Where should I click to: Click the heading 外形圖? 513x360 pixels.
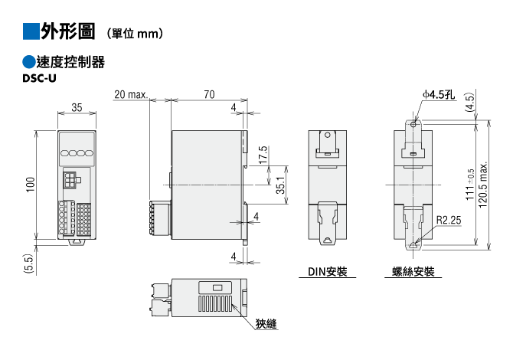[68, 31]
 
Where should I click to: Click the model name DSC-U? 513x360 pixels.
[39, 79]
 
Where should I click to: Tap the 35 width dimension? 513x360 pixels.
[77, 107]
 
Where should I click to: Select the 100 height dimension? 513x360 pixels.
[31, 185]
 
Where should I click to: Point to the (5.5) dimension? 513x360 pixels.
[29, 263]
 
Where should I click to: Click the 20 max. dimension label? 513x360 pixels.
[131, 94]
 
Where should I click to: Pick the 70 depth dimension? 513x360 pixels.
[209, 94]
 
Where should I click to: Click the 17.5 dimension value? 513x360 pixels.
[263, 155]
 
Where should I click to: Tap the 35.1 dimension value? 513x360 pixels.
[280, 185]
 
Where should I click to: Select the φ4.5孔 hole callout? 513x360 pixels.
[439, 94]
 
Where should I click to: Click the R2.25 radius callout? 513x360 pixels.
[449, 220]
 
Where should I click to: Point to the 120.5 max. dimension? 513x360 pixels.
[483, 185]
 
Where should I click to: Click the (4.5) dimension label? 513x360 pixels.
[469, 102]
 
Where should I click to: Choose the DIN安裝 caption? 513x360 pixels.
[327, 271]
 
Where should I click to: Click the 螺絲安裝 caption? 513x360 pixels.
[413, 271]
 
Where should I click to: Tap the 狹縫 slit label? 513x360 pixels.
[266, 324]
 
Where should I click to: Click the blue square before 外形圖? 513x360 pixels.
[31, 31]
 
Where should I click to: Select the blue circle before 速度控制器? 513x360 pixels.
[29, 62]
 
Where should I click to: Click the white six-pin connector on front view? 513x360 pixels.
[70, 180]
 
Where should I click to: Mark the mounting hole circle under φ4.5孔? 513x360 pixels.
[413, 124]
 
